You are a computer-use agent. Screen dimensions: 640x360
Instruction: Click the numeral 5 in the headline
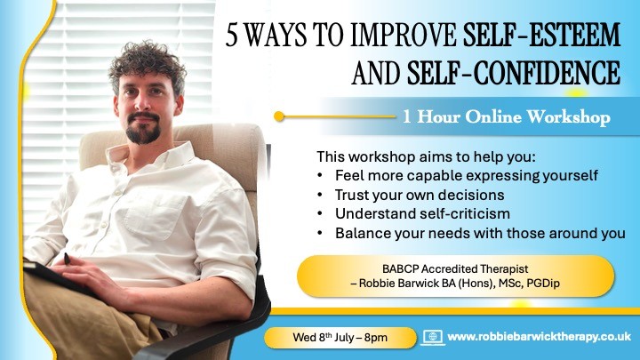tap(231, 35)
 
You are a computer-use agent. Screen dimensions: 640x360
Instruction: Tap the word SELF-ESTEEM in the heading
tap(541, 35)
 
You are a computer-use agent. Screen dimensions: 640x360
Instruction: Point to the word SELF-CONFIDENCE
tap(514, 73)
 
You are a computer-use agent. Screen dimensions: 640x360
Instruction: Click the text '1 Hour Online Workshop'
tap(507, 116)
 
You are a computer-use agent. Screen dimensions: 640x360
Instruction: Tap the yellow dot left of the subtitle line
tap(279, 116)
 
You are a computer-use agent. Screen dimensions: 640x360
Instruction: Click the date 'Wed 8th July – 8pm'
tap(340, 338)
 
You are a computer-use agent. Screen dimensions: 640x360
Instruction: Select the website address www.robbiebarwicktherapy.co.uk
tap(540, 337)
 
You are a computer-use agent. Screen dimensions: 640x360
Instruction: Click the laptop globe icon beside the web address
tap(433, 338)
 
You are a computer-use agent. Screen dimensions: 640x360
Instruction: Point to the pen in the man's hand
tap(67, 259)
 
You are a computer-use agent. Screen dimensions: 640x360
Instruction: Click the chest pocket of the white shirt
tap(156, 215)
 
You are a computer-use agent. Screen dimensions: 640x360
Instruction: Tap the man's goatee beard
tap(142, 130)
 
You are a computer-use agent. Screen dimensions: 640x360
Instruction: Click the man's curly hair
tap(148, 65)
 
